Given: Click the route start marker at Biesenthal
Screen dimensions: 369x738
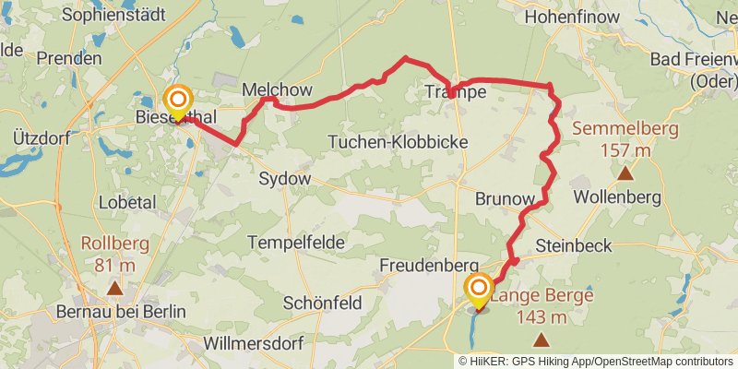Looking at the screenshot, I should point(177,101).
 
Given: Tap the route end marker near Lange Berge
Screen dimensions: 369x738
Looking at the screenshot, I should point(479,290).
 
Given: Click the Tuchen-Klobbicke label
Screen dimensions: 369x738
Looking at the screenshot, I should point(399,142).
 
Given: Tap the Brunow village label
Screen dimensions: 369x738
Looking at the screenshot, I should point(505,198).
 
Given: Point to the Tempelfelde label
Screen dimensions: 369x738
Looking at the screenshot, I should point(296,243).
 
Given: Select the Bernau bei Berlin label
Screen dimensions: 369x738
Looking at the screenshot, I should point(134,312).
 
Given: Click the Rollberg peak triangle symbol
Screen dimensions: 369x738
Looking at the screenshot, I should point(114,289).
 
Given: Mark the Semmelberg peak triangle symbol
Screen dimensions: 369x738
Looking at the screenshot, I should point(625,173).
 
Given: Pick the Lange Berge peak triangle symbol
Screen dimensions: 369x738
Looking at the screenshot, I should point(540,340).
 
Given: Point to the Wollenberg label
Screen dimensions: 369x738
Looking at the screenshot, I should point(617,197).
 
